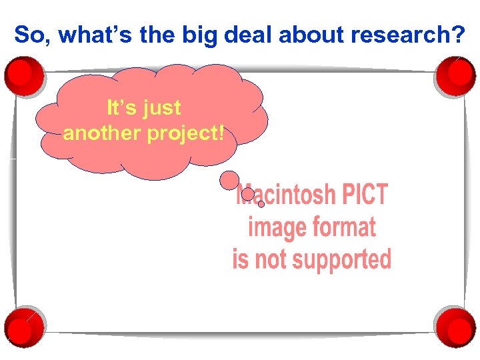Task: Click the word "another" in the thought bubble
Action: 101,133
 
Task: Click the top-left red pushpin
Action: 24,75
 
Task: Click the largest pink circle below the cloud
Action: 229,179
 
